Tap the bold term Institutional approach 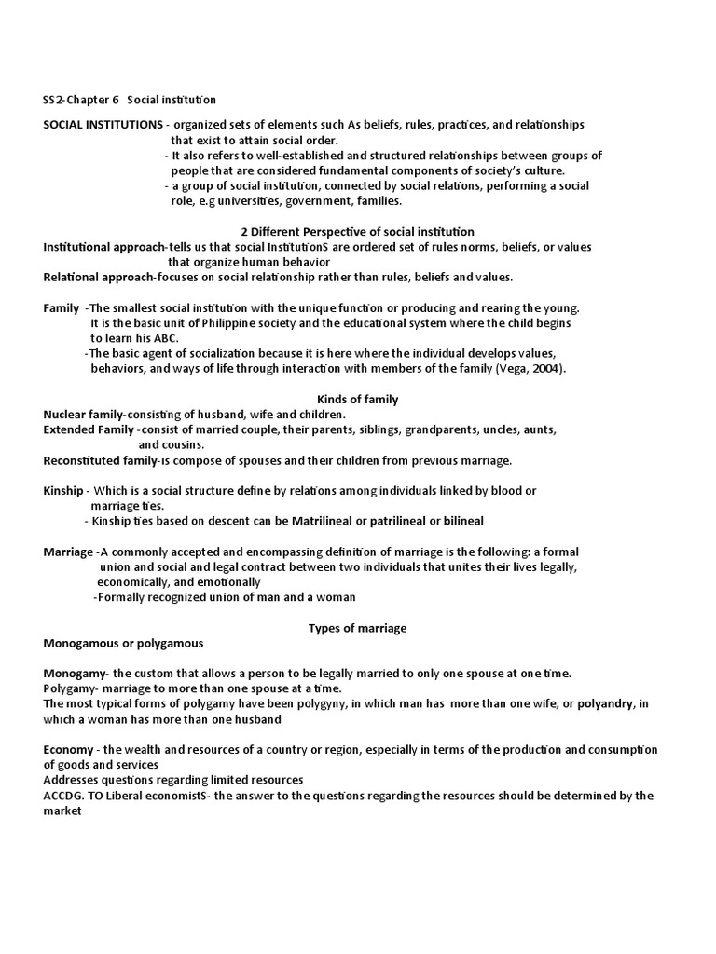pyautogui.click(x=103, y=247)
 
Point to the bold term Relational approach pyautogui.click(x=98, y=277)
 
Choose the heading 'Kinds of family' pyautogui.click(x=358, y=400)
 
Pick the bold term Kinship pyautogui.click(x=63, y=490)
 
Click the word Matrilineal pyautogui.click(x=331, y=520)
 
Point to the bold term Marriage pyautogui.click(x=68, y=552)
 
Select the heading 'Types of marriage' pyautogui.click(x=358, y=628)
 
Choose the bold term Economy pyautogui.click(x=68, y=750)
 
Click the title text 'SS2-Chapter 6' pyautogui.click(x=81, y=100)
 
